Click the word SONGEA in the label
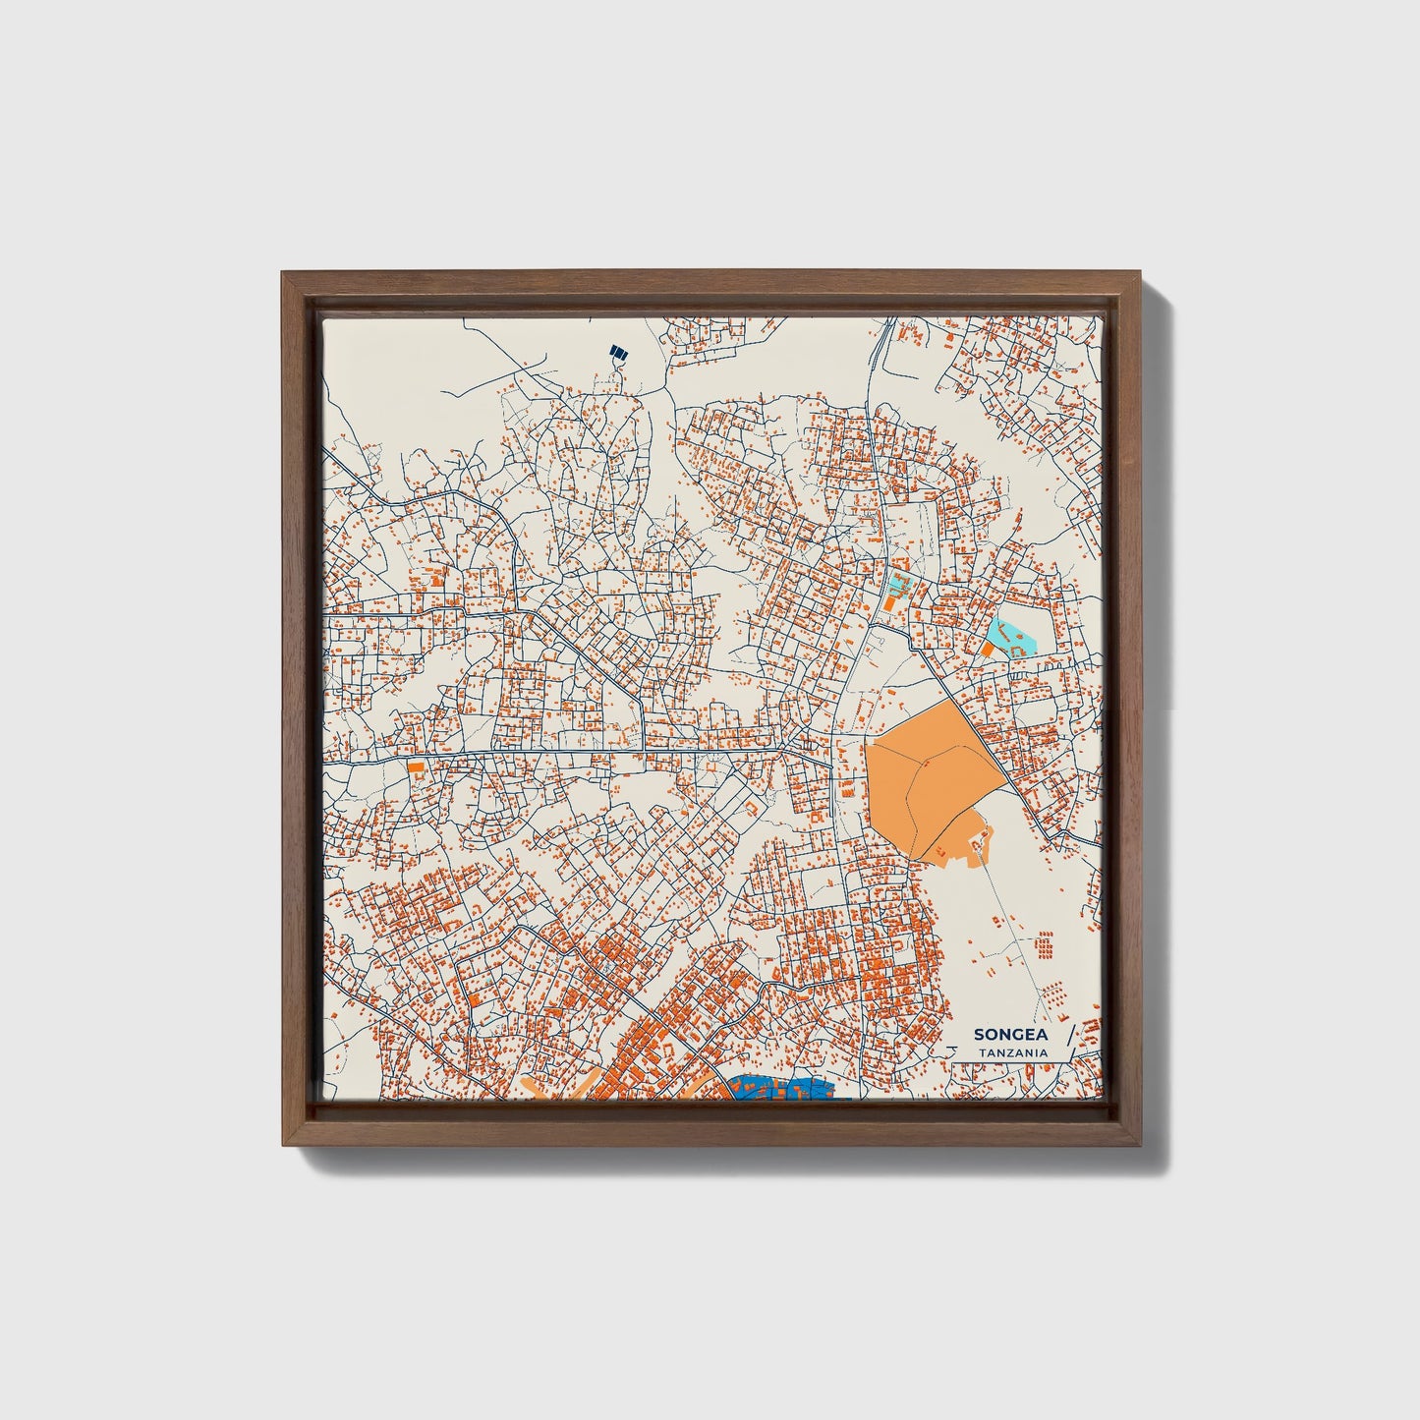pyautogui.click(x=1010, y=1035)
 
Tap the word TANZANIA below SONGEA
pyautogui.click(x=1012, y=1052)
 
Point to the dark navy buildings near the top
pyautogui.click(x=618, y=351)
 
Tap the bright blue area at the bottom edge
pyautogui.click(x=781, y=1089)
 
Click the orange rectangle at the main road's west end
pyautogui.click(x=417, y=766)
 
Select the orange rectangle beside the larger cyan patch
pyautogui.click(x=988, y=650)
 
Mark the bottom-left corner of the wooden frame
pyautogui.click(x=285, y=1144)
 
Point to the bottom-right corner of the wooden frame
pyautogui.click(x=1140, y=1144)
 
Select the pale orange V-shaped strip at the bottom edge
pyautogui.click(x=550, y=1089)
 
